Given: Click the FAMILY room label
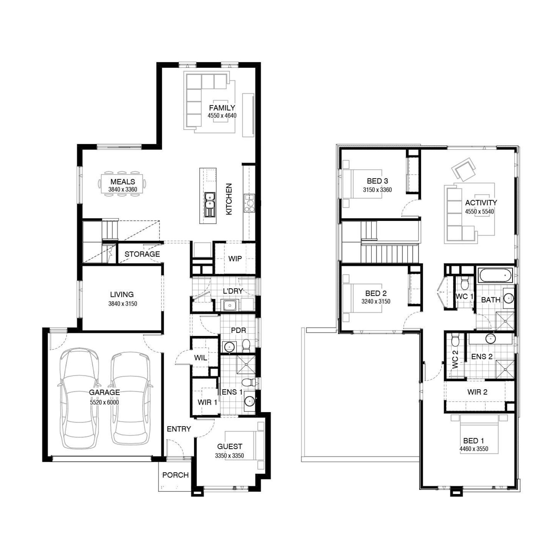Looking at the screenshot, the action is point(222,108).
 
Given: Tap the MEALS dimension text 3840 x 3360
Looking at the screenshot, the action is point(123,190).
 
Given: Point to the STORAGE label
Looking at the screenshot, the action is point(142,254).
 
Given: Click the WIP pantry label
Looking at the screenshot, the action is point(235,259).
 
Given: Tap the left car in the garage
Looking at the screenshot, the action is point(80,398).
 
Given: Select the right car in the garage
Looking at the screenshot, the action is point(131,398).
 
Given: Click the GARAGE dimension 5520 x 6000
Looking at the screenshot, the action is point(105,403).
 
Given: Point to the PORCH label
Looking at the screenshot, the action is point(176,475).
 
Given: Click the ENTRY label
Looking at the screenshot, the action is point(179,429).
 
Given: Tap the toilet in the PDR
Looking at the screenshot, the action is point(246,346).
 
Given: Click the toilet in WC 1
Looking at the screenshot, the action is point(464,283).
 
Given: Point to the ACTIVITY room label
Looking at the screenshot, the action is point(481,203).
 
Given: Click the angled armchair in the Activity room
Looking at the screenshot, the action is point(464,169).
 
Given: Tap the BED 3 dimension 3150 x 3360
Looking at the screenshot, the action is point(378,190).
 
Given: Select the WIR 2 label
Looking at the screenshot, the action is point(477,392).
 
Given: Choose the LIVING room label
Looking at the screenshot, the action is point(122,295).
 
